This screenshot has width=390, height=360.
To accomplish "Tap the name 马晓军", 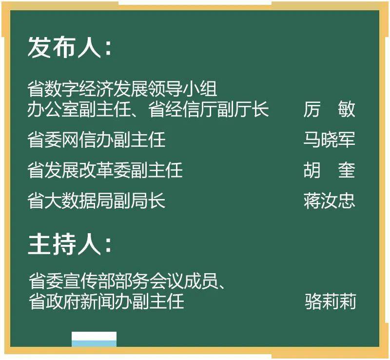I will coord(329,140).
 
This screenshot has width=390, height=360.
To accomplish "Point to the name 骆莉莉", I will coord(330,301).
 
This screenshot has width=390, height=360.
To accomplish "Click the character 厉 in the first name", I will coord(312,109).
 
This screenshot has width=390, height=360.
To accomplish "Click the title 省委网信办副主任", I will coord(97,140).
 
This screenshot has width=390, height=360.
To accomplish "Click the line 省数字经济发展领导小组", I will coord(122,90).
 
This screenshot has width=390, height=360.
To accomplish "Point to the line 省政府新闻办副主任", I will coord(106,301).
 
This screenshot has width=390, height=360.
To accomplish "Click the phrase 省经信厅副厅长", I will coord(209,109).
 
